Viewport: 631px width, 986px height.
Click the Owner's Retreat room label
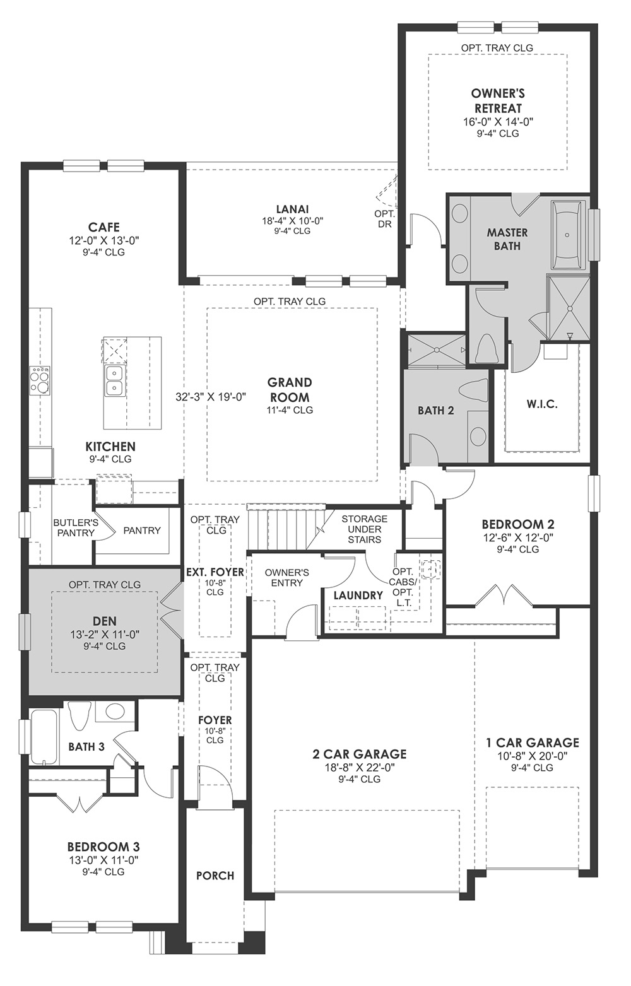[498, 101]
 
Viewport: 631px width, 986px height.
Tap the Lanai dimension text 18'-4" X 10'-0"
[292, 221]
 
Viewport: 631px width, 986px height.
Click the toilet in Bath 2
[473, 389]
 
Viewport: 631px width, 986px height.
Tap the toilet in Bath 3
[81, 716]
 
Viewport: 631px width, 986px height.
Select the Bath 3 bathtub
[45, 737]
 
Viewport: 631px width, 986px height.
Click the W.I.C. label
[541, 404]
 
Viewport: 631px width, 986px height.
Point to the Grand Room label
[290, 390]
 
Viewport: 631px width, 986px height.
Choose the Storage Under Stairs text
[364, 529]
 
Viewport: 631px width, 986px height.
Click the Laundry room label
[358, 596]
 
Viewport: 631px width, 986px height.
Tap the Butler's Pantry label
[76, 527]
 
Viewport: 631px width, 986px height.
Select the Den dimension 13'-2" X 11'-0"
[104, 634]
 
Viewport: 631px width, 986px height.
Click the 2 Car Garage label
[359, 754]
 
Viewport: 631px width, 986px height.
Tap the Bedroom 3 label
[103, 847]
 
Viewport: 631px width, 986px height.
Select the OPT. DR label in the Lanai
[384, 219]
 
